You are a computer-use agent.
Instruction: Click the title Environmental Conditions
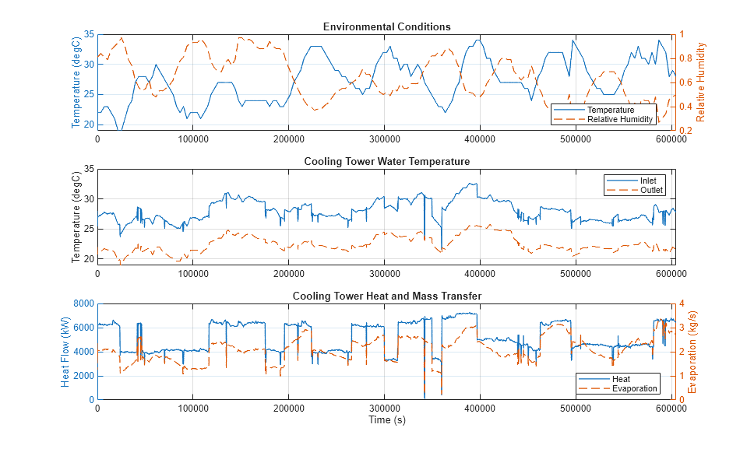(x=386, y=26)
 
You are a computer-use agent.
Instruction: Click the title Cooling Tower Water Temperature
(x=386, y=162)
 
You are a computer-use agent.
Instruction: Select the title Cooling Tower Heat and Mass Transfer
(x=386, y=296)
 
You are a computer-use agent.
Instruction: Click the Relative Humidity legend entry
(x=619, y=119)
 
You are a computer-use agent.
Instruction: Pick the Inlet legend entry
(x=637, y=181)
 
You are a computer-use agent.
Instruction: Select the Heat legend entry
(x=621, y=379)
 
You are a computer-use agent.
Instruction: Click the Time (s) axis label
(x=386, y=420)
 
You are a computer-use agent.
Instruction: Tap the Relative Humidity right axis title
(x=701, y=82)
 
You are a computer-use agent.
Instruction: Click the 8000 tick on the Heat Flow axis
(x=83, y=303)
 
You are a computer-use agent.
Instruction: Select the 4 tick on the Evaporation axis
(x=682, y=303)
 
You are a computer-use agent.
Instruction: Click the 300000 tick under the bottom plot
(x=385, y=408)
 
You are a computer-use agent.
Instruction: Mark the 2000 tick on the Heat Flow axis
(x=83, y=376)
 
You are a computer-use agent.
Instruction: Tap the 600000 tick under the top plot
(x=671, y=139)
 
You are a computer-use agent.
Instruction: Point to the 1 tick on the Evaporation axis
(x=682, y=376)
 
